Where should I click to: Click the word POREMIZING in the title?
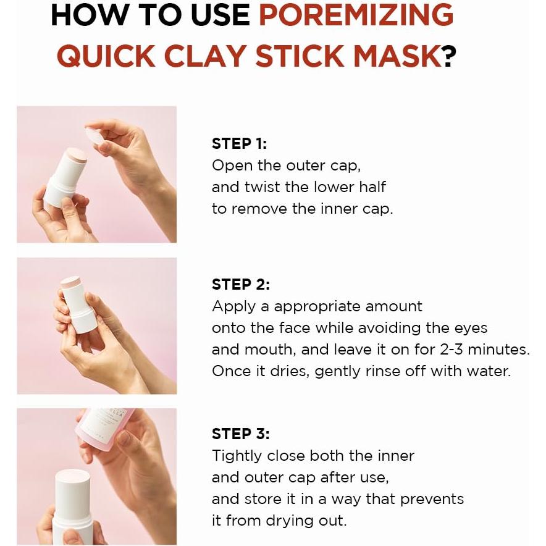[x=356, y=15]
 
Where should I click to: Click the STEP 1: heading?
[x=239, y=143]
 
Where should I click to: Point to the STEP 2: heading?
[x=241, y=284]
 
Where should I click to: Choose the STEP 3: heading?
[x=241, y=434]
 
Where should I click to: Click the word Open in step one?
[x=232, y=166]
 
